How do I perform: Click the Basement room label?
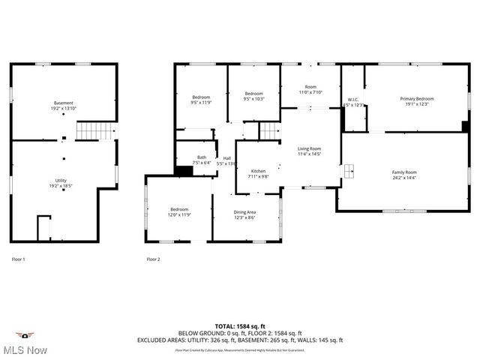[64, 103]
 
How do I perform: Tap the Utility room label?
[61, 180]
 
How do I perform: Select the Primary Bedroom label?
[416, 99]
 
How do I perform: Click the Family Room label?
[404, 172]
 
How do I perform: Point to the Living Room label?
[309, 148]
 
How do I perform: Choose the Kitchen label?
[258, 171]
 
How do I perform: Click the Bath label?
[181, 157]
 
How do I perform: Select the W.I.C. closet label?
[353, 100]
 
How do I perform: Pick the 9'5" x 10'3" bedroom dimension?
[254, 99]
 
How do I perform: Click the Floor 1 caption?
[19, 259]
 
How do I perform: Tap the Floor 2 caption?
[153, 259]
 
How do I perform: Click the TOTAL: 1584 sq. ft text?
[239, 326]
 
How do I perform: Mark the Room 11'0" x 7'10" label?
[310, 89]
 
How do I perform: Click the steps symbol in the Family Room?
[349, 172]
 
